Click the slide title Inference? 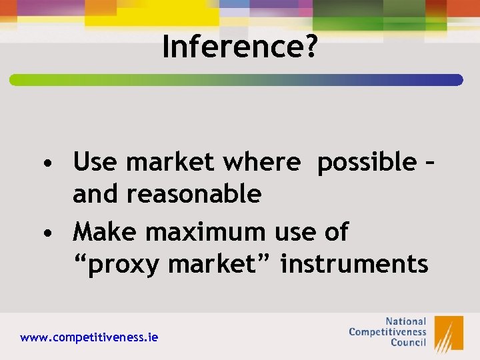pos(239,47)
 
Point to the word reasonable pos(193,194)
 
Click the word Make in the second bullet pos(106,232)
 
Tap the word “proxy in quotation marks pos(116,265)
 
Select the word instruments pos(354,265)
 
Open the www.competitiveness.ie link pos(89,338)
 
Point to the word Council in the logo pos(407,343)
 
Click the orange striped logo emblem pos(449,333)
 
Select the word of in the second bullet pos(334,232)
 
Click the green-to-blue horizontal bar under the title pos(236,80)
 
